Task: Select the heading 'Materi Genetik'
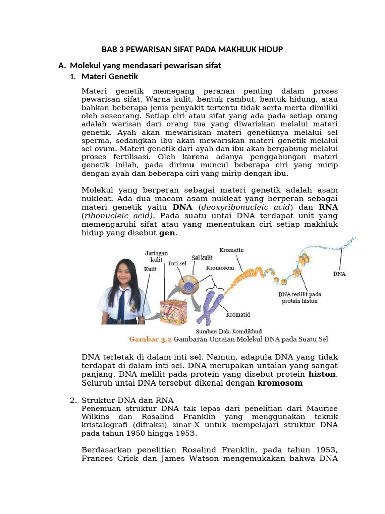click(x=109, y=77)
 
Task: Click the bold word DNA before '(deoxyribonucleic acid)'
click(x=182, y=207)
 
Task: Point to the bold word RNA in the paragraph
click(x=328, y=207)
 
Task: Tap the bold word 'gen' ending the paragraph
click(x=168, y=233)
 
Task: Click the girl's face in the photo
click(x=123, y=274)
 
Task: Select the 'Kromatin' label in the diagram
click(x=232, y=250)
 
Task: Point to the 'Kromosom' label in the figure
click(x=220, y=268)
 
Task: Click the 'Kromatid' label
click(x=238, y=315)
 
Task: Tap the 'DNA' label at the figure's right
click(x=340, y=274)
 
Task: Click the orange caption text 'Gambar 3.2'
click(x=150, y=340)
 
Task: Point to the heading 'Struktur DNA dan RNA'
click(x=127, y=400)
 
